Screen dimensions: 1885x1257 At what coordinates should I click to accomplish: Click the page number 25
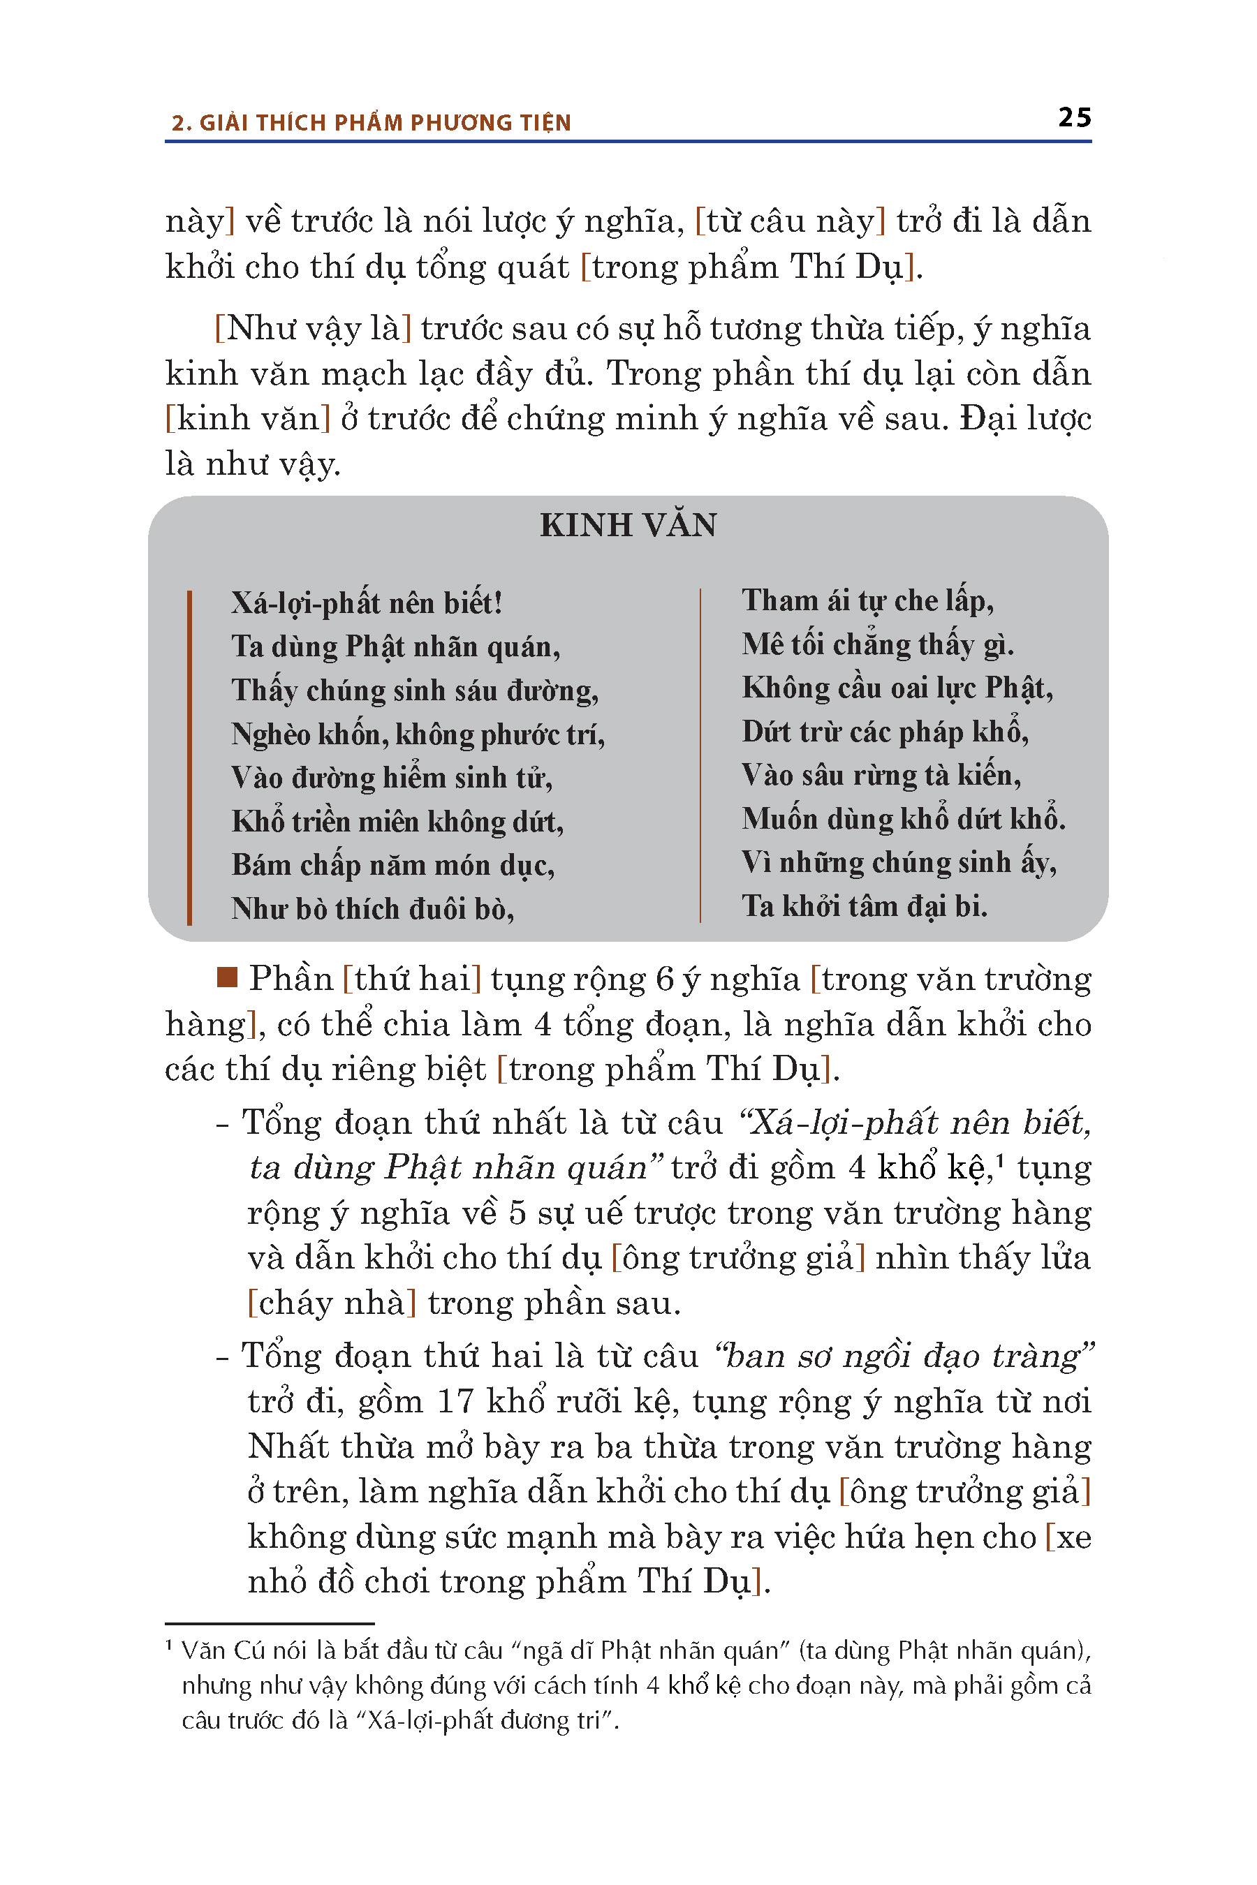pyautogui.click(x=1074, y=117)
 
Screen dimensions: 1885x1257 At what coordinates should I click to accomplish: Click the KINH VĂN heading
pyautogui.click(x=628, y=525)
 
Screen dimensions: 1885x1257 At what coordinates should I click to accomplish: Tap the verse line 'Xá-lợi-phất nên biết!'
pyautogui.click(x=367, y=603)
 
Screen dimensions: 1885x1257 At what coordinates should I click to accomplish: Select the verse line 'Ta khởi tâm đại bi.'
pyautogui.click(x=865, y=905)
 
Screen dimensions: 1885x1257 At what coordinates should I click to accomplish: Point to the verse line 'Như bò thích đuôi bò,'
pyautogui.click(x=373, y=909)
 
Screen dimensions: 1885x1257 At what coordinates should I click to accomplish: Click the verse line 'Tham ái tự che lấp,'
pyautogui.click(x=867, y=600)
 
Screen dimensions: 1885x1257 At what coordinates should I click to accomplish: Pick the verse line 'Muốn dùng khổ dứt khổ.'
pyautogui.click(x=904, y=818)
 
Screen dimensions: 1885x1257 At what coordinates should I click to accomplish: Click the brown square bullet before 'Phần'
pyautogui.click(x=228, y=977)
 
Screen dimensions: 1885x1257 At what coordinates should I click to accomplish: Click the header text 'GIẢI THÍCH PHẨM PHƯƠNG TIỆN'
pyautogui.click(x=385, y=123)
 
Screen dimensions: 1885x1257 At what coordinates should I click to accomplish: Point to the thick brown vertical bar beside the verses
pyautogui.click(x=189, y=757)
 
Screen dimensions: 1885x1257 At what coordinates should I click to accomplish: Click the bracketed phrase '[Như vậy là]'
pyautogui.click(x=314, y=329)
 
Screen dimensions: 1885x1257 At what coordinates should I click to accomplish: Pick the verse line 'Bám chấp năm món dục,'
pyautogui.click(x=392, y=865)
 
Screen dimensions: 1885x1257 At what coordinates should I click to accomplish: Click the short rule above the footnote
pyautogui.click(x=270, y=1624)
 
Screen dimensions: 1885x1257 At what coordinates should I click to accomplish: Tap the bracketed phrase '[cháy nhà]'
pyautogui.click(x=332, y=1303)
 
